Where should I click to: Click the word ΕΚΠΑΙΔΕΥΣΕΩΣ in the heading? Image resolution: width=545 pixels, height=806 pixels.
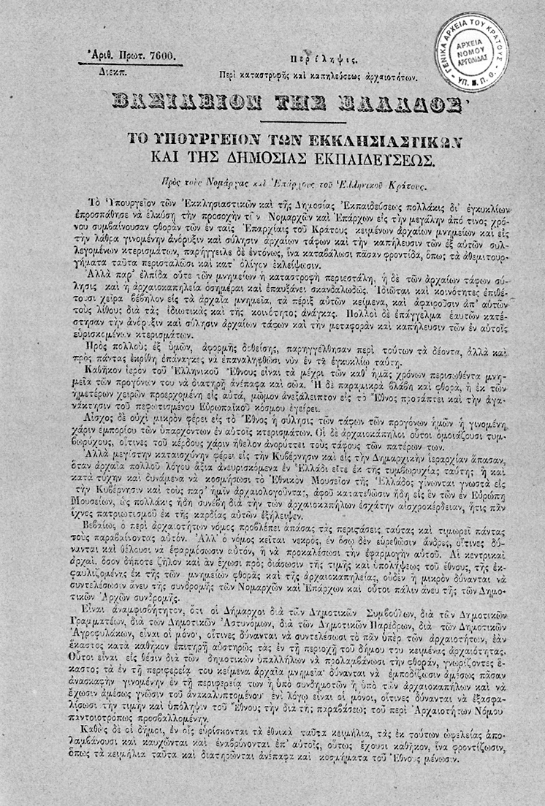click(x=378, y=158)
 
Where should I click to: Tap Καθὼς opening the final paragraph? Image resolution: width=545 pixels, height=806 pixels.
click(x=107, y=748)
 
